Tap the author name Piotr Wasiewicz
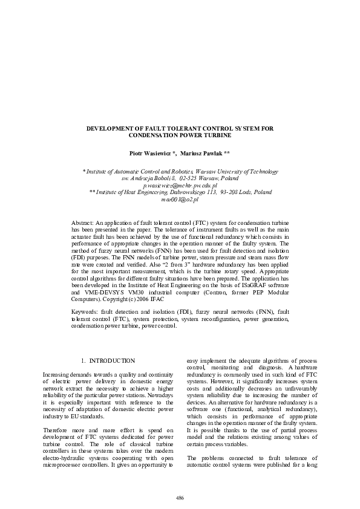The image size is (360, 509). click(x=153, y=154)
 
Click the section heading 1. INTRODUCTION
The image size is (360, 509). click(x=108, y=361)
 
